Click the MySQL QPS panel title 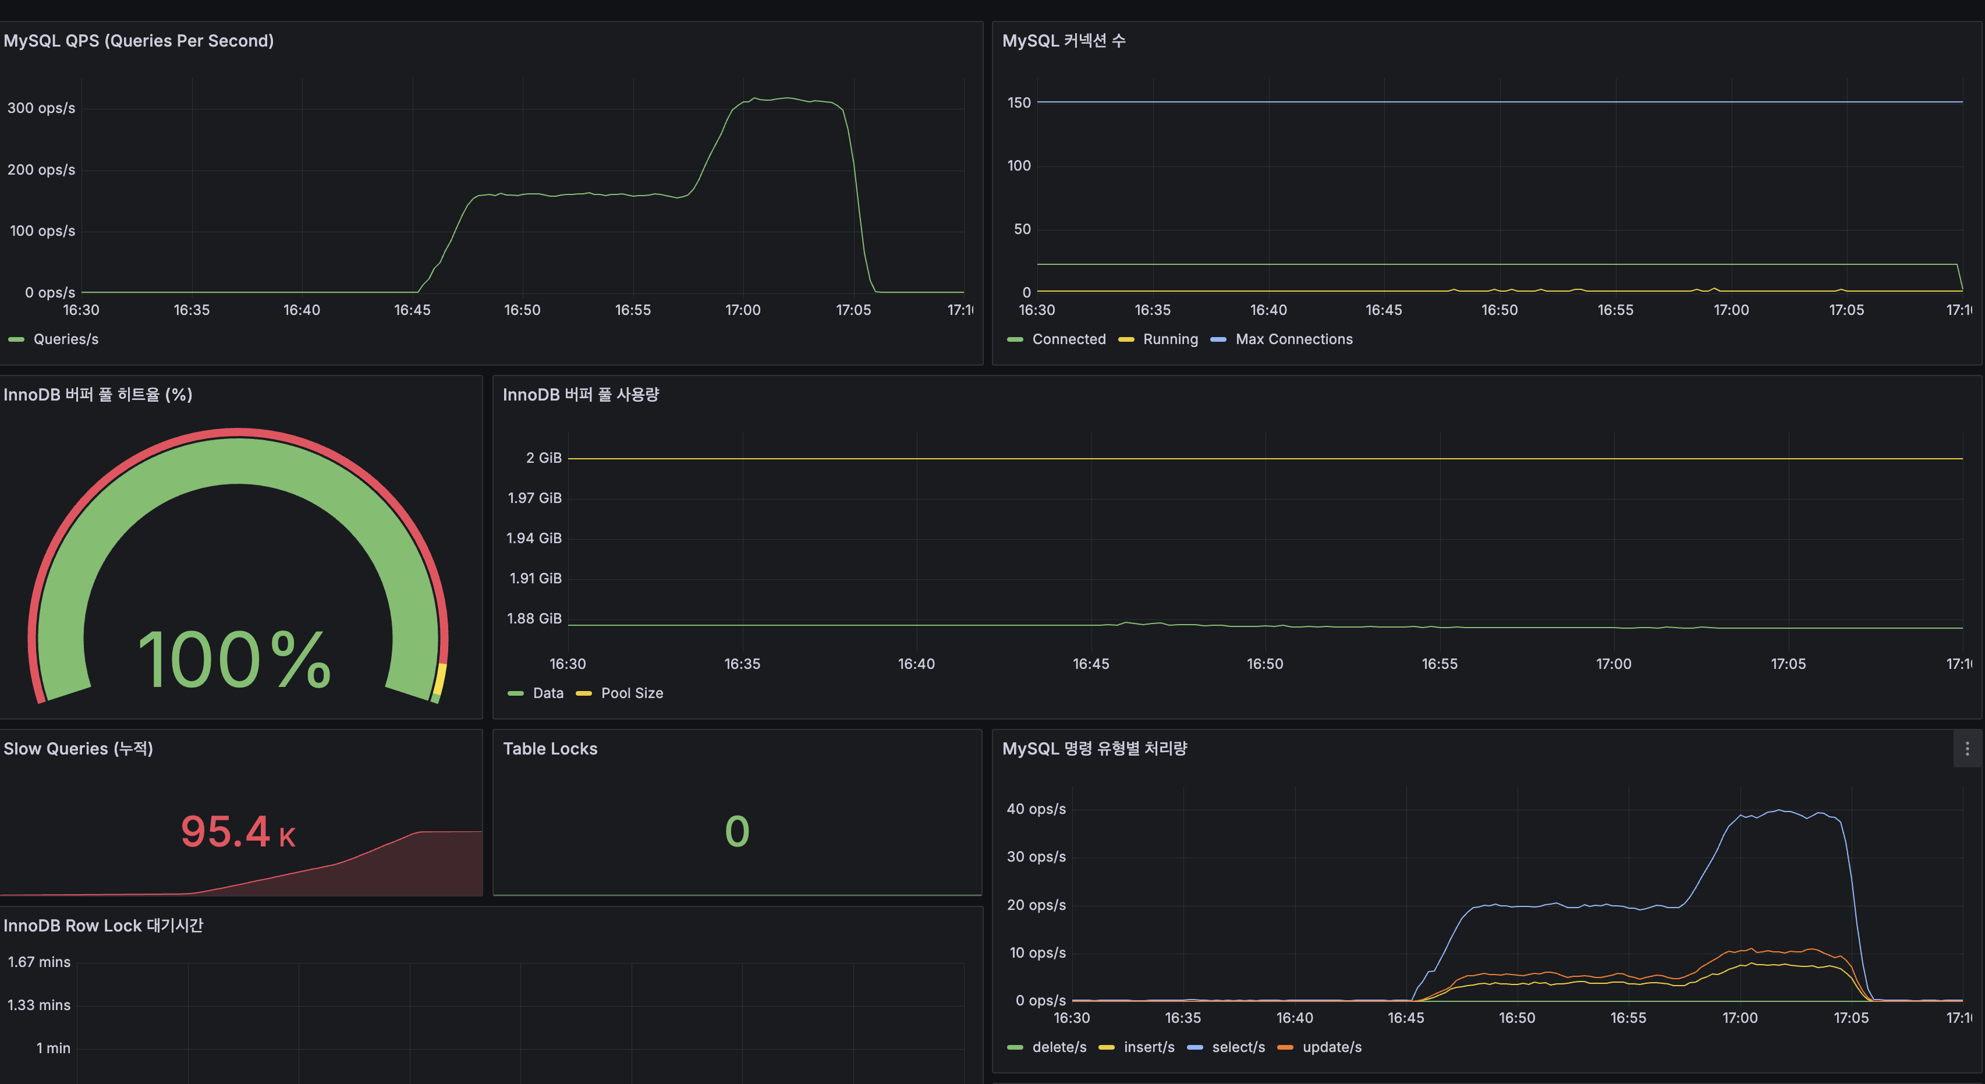tap(139, 41)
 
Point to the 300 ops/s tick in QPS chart tap(41, 108)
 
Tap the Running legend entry tap(1169, 339)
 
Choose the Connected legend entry tap(1068, 339)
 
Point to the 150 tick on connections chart tap(1019, 102)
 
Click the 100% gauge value tap(234, 660)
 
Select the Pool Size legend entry tap(631, 693)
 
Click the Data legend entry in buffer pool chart tap(547, 693)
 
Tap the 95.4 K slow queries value tap(238, 831)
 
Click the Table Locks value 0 tap(737, 831)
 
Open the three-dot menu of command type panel tap(1966, 749)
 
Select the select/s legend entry tap(1238, 1047)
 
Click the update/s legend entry tap(1331, 1047)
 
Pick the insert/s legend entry tap(1148, 1047)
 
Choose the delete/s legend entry tap(1059, 1047)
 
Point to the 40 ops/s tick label tap(1036, 809)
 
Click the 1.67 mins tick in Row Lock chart tap(40, 962)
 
